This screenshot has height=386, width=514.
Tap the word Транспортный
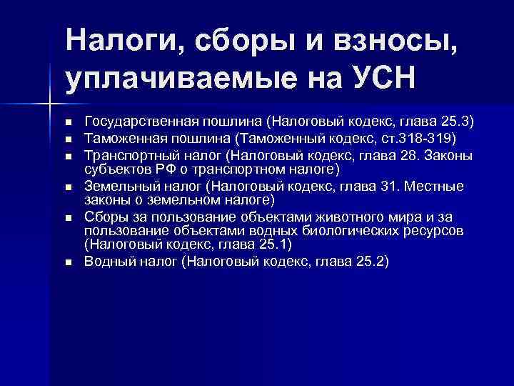pos(126,155)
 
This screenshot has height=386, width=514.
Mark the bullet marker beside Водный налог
pos(69,262)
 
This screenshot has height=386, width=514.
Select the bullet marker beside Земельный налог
pos(69,187)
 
